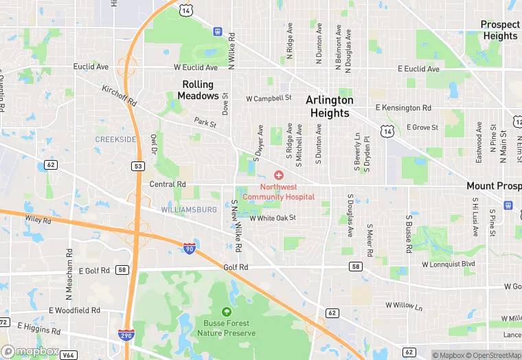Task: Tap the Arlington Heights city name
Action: [x=330, y=106]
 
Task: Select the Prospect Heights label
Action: [x=500, y=30]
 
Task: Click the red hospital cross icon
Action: [x=279, y=176]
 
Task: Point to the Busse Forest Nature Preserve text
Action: [x=226, y=328]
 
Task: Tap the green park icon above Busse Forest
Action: [x=227, y=313]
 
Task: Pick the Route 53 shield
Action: [x=139, y=166]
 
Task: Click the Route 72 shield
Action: [x=3, y=322]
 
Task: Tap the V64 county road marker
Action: [x=68, y=355]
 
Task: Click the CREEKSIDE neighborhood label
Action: [x=115, y=139]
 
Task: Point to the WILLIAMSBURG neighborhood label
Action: [x=189, y=209]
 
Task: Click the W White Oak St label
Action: [x=273, y=218]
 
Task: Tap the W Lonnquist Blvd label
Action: [x=449, y=264]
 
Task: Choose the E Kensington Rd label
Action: [x=403, y=108]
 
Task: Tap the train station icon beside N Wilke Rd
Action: [x=218, y=31]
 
